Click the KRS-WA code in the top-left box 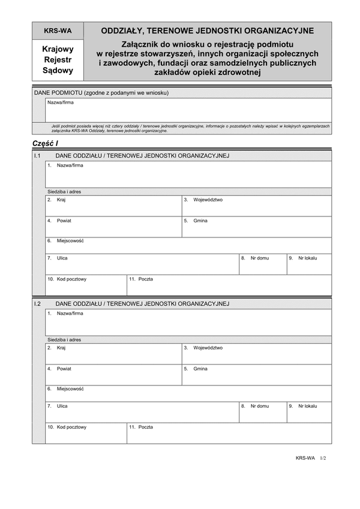[x=58, y=31]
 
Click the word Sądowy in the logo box [x=58, y=70]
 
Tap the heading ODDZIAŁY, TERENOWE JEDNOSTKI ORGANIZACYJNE [x=207, y=31]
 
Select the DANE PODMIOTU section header [x=101, y=93]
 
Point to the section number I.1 [x=37, y=156]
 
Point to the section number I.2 [x=37, y=304]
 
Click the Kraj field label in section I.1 [x=61, y=200]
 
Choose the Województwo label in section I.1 [x=208, y=200]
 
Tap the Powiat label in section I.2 [x=64, y=369]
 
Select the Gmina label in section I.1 [x=200, y=221]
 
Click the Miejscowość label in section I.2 [x=70, y=389]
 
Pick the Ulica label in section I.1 [x=62, y=258]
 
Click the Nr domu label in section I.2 [x=260, y=406]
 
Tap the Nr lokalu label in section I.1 [x=307, y=258]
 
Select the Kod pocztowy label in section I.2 [x=71, y=427]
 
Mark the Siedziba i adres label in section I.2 [x=64, y=340]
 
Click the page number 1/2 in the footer [x=322, y=457]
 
